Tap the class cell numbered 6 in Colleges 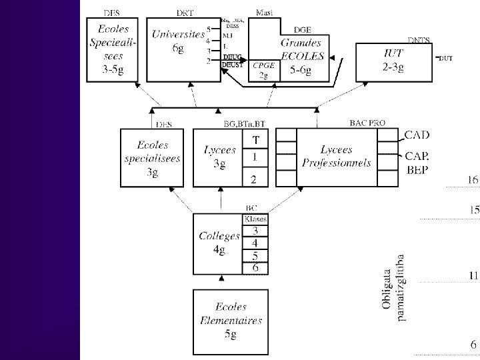[x=255, y=268]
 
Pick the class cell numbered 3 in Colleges [x=255, y=231]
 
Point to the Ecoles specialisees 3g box [x=151, y=158]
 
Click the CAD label [x=417, y=135]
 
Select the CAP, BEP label [x=417, y=161]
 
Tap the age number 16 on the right [x=472, y=180]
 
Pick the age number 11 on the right [x=473, y=275]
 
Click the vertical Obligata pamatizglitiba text [x=394, y=291]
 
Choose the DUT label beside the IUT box [x=445, y=59]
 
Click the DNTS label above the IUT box [x=419, y=39]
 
